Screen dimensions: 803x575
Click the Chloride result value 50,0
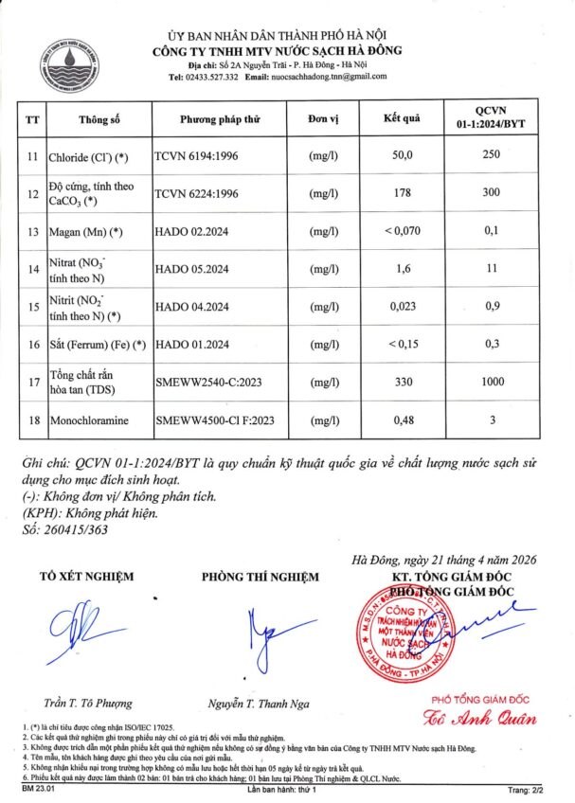[402, 155]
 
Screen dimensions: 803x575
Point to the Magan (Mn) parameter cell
[86, 231]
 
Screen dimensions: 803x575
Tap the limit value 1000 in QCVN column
[490, 382]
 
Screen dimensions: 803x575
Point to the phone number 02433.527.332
[204, 77]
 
